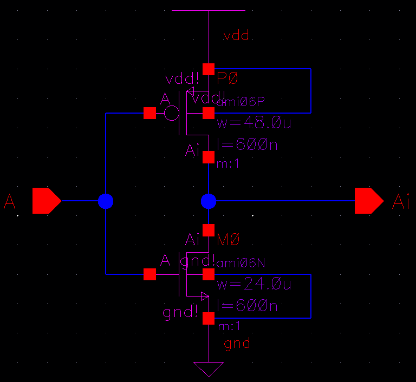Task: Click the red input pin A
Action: click(46, 201)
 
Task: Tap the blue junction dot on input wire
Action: click(106, 201)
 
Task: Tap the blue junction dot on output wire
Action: click(209, 201)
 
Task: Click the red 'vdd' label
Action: click(236, 36)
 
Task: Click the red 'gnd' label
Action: click(237, 343)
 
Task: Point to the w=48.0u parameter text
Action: click(254, 123)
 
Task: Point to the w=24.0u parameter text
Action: click(254, 285)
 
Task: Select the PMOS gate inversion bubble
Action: click(172, 113)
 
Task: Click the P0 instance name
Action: click(227, 78)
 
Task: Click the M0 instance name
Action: click(227, 239)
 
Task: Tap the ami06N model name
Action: click(240, 264)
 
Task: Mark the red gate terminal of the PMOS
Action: click(149, 113)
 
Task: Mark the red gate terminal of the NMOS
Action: click(149, 274)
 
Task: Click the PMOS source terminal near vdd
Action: click(209, 69)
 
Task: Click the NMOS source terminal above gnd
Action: click(209, 319)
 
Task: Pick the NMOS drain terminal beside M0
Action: click(209, 230)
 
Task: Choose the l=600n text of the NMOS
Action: click(247, 306)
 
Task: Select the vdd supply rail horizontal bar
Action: click(209, 10)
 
